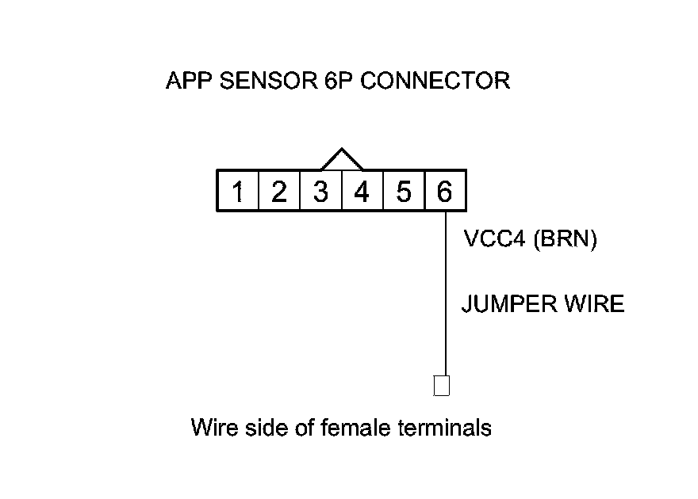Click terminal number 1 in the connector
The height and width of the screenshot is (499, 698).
238,191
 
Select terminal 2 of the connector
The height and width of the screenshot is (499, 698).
279,191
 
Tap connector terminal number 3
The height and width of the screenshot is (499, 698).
321,191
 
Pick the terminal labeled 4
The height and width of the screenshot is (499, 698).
362,191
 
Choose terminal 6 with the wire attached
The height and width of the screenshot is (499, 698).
446,191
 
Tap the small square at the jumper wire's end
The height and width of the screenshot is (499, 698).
442,385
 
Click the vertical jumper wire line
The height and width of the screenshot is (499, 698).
446,293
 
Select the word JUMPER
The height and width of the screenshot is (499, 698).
509,304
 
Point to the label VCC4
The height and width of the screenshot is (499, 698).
495,238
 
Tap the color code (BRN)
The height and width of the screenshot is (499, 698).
565,239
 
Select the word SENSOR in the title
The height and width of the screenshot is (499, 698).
268,81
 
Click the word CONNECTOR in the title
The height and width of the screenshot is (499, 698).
435,81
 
